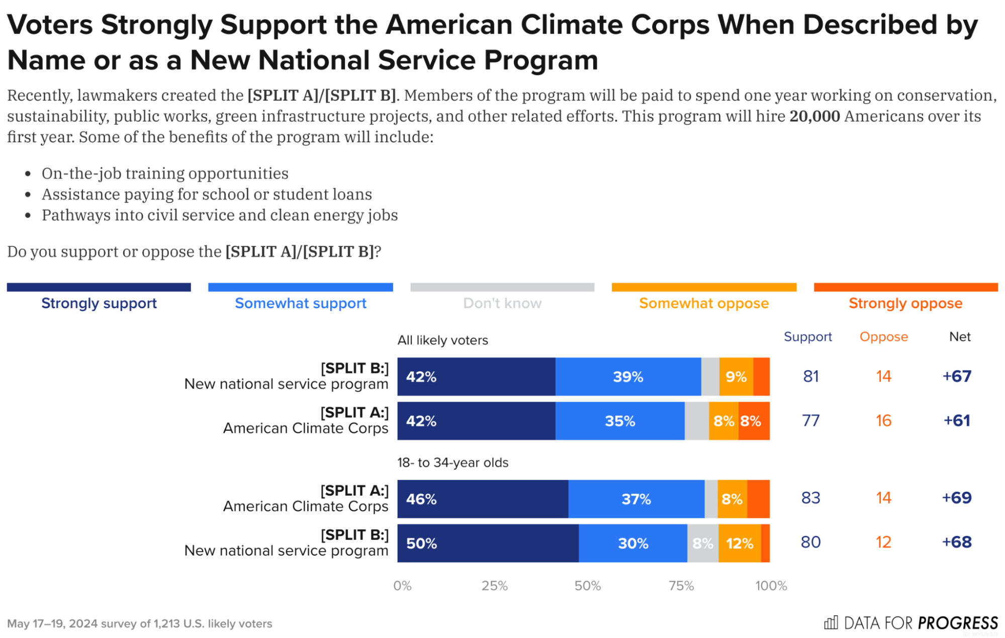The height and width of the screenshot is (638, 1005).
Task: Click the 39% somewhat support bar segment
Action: pyautogui.click(x=627, y=377)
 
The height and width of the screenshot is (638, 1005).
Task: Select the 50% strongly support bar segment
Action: pyautogui.click(x=487, y=543)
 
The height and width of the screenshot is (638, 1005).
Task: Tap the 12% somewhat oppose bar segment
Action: pyautogui.click(x=739, y=543)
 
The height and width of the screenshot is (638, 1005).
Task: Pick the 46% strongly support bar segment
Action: pyautogui.click(x=482, y=499)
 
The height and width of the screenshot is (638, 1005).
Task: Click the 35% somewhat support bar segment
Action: pyautogui.click(x=619, y=421)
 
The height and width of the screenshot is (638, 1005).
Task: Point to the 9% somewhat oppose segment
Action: pyautogui.click(x=736, y=377)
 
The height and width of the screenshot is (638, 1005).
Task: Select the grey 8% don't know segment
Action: pyautogui.click(x=702, y=543)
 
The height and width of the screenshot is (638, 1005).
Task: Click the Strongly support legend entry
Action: pyautogui.click(x=99, y=303)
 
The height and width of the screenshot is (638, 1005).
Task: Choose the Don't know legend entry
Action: pyautogui.click(x=502, y=303)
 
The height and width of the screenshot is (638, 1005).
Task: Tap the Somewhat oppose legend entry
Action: pyautogui.click(x=703, y=303)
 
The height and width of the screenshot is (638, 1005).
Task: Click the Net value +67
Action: pyautogui.click(x=956, y=376)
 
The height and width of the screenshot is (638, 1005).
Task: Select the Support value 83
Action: pyautogui.click(x=810, y=498)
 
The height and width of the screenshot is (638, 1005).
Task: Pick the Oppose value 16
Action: pyautogui.click(x=883, y=420)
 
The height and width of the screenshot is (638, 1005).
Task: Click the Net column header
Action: pyautogui.click(x=959, y=336)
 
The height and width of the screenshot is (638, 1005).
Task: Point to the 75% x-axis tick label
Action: pyautogui.click(x=681, y=586)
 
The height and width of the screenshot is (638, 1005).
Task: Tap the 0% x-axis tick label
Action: pyautogui.click(x=402, y=586)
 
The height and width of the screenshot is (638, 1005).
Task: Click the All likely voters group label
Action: pyautogui.click(x=442, y=340)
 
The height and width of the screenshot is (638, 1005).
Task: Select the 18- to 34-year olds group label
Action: pyautogui.click(x=452, y=463)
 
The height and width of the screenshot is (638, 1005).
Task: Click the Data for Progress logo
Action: pyautogui.click(x=910, y=623)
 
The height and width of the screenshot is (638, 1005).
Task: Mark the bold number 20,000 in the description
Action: pyautogui.click(x=814, y=116)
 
